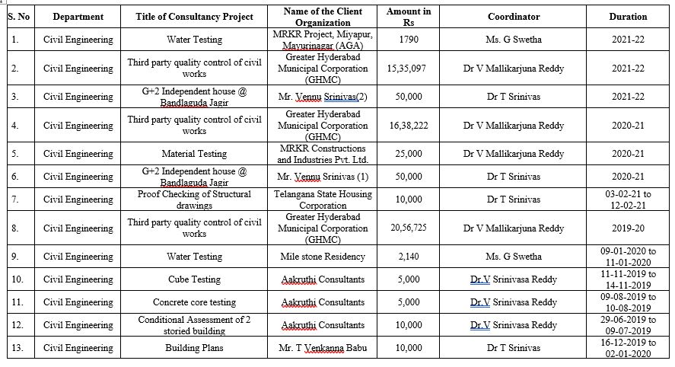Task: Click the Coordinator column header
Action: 513,17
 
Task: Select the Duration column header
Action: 628,17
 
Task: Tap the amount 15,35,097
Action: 406,69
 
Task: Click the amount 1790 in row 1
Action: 409,40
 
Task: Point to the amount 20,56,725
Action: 409,228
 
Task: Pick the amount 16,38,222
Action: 409,126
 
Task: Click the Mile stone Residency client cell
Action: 323,257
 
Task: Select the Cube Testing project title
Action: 194,279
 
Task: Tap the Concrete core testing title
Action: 194,302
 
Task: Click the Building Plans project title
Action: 194,348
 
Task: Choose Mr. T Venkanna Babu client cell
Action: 323,348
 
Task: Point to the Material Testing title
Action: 194,154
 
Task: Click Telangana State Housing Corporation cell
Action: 323,199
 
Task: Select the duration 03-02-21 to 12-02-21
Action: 628,199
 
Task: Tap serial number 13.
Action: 18,348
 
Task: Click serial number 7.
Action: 15,199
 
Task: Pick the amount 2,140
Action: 409,257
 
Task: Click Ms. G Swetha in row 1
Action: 513,40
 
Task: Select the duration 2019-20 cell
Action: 628,228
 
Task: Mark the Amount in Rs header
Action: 409,17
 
